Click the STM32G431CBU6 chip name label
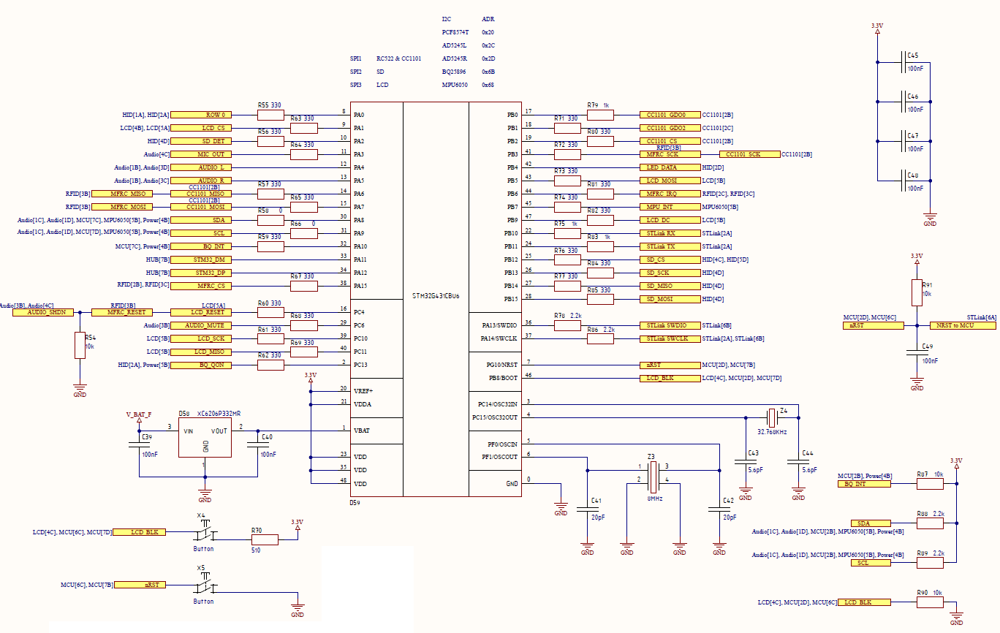point(436,296)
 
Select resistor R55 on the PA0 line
point(270,115)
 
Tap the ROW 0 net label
point(201,115)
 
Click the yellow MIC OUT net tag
point(201,154)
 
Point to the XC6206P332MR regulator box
point(205,438)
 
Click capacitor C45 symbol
point(904,63)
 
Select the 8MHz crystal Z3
point(654,477)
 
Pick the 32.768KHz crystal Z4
point(772,418)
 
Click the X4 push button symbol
point(205,531)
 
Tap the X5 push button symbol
point(205,584)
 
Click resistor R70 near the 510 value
point(265,539)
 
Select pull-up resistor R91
point(917,293)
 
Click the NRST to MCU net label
point(963,326)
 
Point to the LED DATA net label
point(670,168)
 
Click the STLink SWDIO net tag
point(670,326)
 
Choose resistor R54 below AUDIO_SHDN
point(80,345)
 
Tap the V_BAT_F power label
point(139,414)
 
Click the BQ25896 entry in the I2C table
point(454,72)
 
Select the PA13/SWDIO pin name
point(499,325)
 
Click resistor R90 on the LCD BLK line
point(930,602)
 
